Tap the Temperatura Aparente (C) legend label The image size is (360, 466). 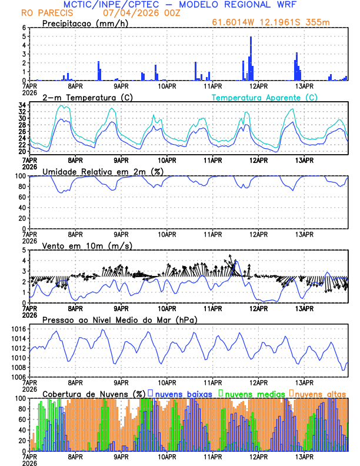[x=264, y=97]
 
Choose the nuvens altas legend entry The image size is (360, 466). [x=321, y=393]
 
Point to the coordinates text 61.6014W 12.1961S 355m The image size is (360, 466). [x=272, y=24]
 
